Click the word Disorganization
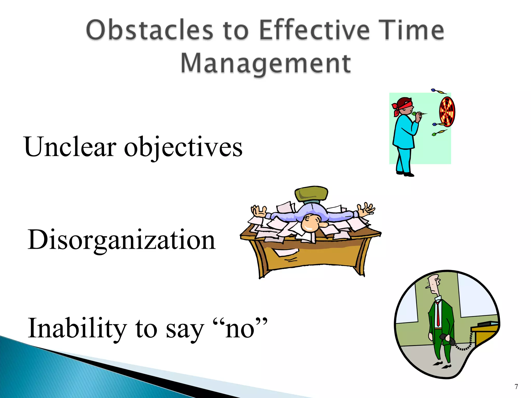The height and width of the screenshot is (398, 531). point(121,240)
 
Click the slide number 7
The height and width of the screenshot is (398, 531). point(516,387)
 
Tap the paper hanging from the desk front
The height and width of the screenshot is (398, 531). point(286,252)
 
